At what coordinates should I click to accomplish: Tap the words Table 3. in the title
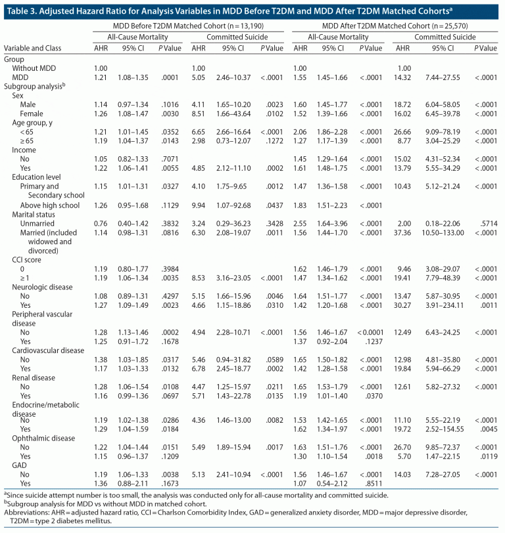pyautogui.click(x=17, y=9)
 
